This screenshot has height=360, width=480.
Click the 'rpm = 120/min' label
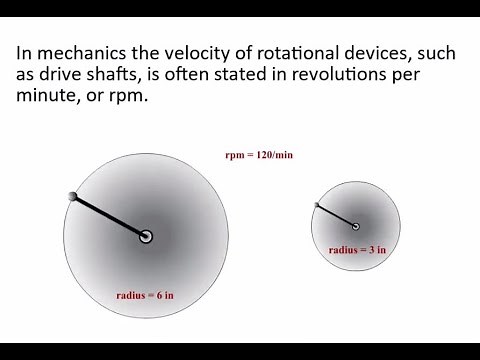click(258, 155)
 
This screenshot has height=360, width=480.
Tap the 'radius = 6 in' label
click(145, 295)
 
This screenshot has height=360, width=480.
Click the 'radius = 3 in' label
click(357, 250)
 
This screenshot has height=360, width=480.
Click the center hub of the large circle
click(146, 236)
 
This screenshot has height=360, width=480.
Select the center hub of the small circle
click(356, 226)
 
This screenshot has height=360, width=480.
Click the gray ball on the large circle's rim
click(73, 196)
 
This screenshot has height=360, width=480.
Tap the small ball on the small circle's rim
click(317, 206)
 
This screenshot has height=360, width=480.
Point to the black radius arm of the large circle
click(110, 216)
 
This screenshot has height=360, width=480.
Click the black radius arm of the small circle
click(336, 216)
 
